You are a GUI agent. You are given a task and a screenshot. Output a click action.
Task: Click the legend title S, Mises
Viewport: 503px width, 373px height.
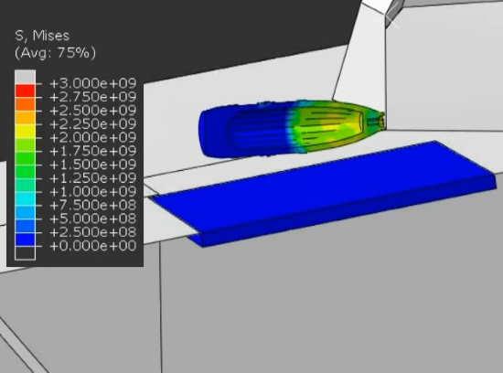[x=42, y=36]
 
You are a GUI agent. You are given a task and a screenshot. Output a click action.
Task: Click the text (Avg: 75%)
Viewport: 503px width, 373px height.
[x=55, y=53]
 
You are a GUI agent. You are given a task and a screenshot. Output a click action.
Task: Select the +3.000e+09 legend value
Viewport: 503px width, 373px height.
[x=93, y=83]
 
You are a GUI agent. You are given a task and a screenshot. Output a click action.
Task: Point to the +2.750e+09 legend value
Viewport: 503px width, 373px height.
[x=93, y=97]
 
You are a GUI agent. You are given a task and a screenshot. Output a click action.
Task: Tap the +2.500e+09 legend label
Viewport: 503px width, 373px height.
[x=93, y=111]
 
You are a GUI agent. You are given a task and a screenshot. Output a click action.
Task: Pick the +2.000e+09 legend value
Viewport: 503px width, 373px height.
[x=93, y=137]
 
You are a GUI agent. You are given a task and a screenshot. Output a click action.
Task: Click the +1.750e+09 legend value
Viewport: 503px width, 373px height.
[x=93, y=151]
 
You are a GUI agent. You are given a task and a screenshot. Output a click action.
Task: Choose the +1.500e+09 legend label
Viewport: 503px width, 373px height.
[x=93, y=165]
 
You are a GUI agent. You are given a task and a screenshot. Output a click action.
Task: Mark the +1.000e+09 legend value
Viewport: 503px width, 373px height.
[x=93, y=191]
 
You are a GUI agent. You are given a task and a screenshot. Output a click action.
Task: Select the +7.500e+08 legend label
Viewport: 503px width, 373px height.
[x=93, y=205]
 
